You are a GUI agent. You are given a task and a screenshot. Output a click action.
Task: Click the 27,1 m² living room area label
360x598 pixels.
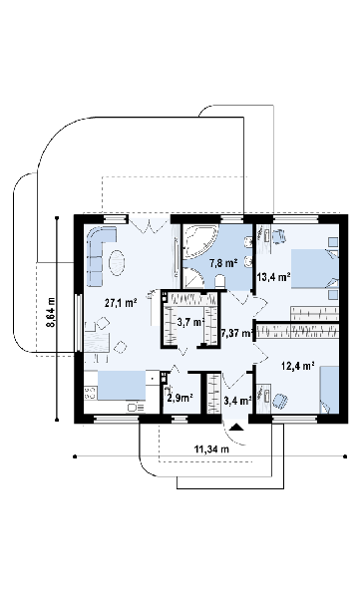121,303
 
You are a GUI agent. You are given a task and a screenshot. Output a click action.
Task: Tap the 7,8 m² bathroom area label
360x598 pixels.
223,263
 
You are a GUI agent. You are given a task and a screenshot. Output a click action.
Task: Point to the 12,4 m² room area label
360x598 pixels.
298,366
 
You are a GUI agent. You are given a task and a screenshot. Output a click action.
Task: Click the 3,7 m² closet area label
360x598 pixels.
190,322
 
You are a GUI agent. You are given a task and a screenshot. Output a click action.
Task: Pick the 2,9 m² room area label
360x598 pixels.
180,398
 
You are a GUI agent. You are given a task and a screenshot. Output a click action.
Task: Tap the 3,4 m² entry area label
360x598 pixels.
237,401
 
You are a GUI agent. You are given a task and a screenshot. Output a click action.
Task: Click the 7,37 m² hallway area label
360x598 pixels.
237,334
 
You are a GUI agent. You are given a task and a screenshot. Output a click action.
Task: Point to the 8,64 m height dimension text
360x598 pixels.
51,312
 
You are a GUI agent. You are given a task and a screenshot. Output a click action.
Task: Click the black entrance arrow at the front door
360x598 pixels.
237,427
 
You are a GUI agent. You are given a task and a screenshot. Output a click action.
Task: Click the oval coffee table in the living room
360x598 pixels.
118,263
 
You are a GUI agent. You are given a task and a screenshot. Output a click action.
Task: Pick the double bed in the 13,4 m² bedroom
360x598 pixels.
314,270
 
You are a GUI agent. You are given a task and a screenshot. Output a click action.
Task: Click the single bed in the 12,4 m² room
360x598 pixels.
329,390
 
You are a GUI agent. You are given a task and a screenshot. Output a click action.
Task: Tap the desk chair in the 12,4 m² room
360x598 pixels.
280,401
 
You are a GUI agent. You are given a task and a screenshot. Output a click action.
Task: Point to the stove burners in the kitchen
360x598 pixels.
90,393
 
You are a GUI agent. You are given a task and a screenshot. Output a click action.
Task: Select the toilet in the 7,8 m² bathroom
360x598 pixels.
220,281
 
